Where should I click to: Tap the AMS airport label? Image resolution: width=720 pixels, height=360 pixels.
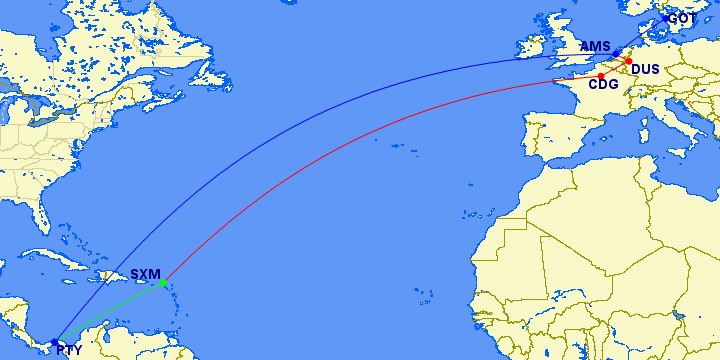(x=594, y=46)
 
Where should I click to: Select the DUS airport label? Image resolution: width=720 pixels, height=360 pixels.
(x=645, y=69)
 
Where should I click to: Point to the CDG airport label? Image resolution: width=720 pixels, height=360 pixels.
(x=602, y=85)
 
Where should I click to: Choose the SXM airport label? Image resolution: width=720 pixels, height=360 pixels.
(x=145, y=273)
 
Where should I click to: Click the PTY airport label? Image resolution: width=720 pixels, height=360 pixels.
(x=69, y=350)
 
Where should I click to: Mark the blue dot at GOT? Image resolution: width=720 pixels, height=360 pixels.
(x=666, y=18)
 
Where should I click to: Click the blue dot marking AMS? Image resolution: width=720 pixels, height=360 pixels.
(x=616, y=53)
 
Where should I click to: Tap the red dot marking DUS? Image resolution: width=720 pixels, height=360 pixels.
(x=628, y=62)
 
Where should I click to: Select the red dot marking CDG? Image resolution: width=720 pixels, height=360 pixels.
(x=601, y=76)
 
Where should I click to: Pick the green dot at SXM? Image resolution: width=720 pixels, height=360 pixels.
(x=163, y=282)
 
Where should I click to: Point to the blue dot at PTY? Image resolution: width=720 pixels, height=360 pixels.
(x=54, y=342)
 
